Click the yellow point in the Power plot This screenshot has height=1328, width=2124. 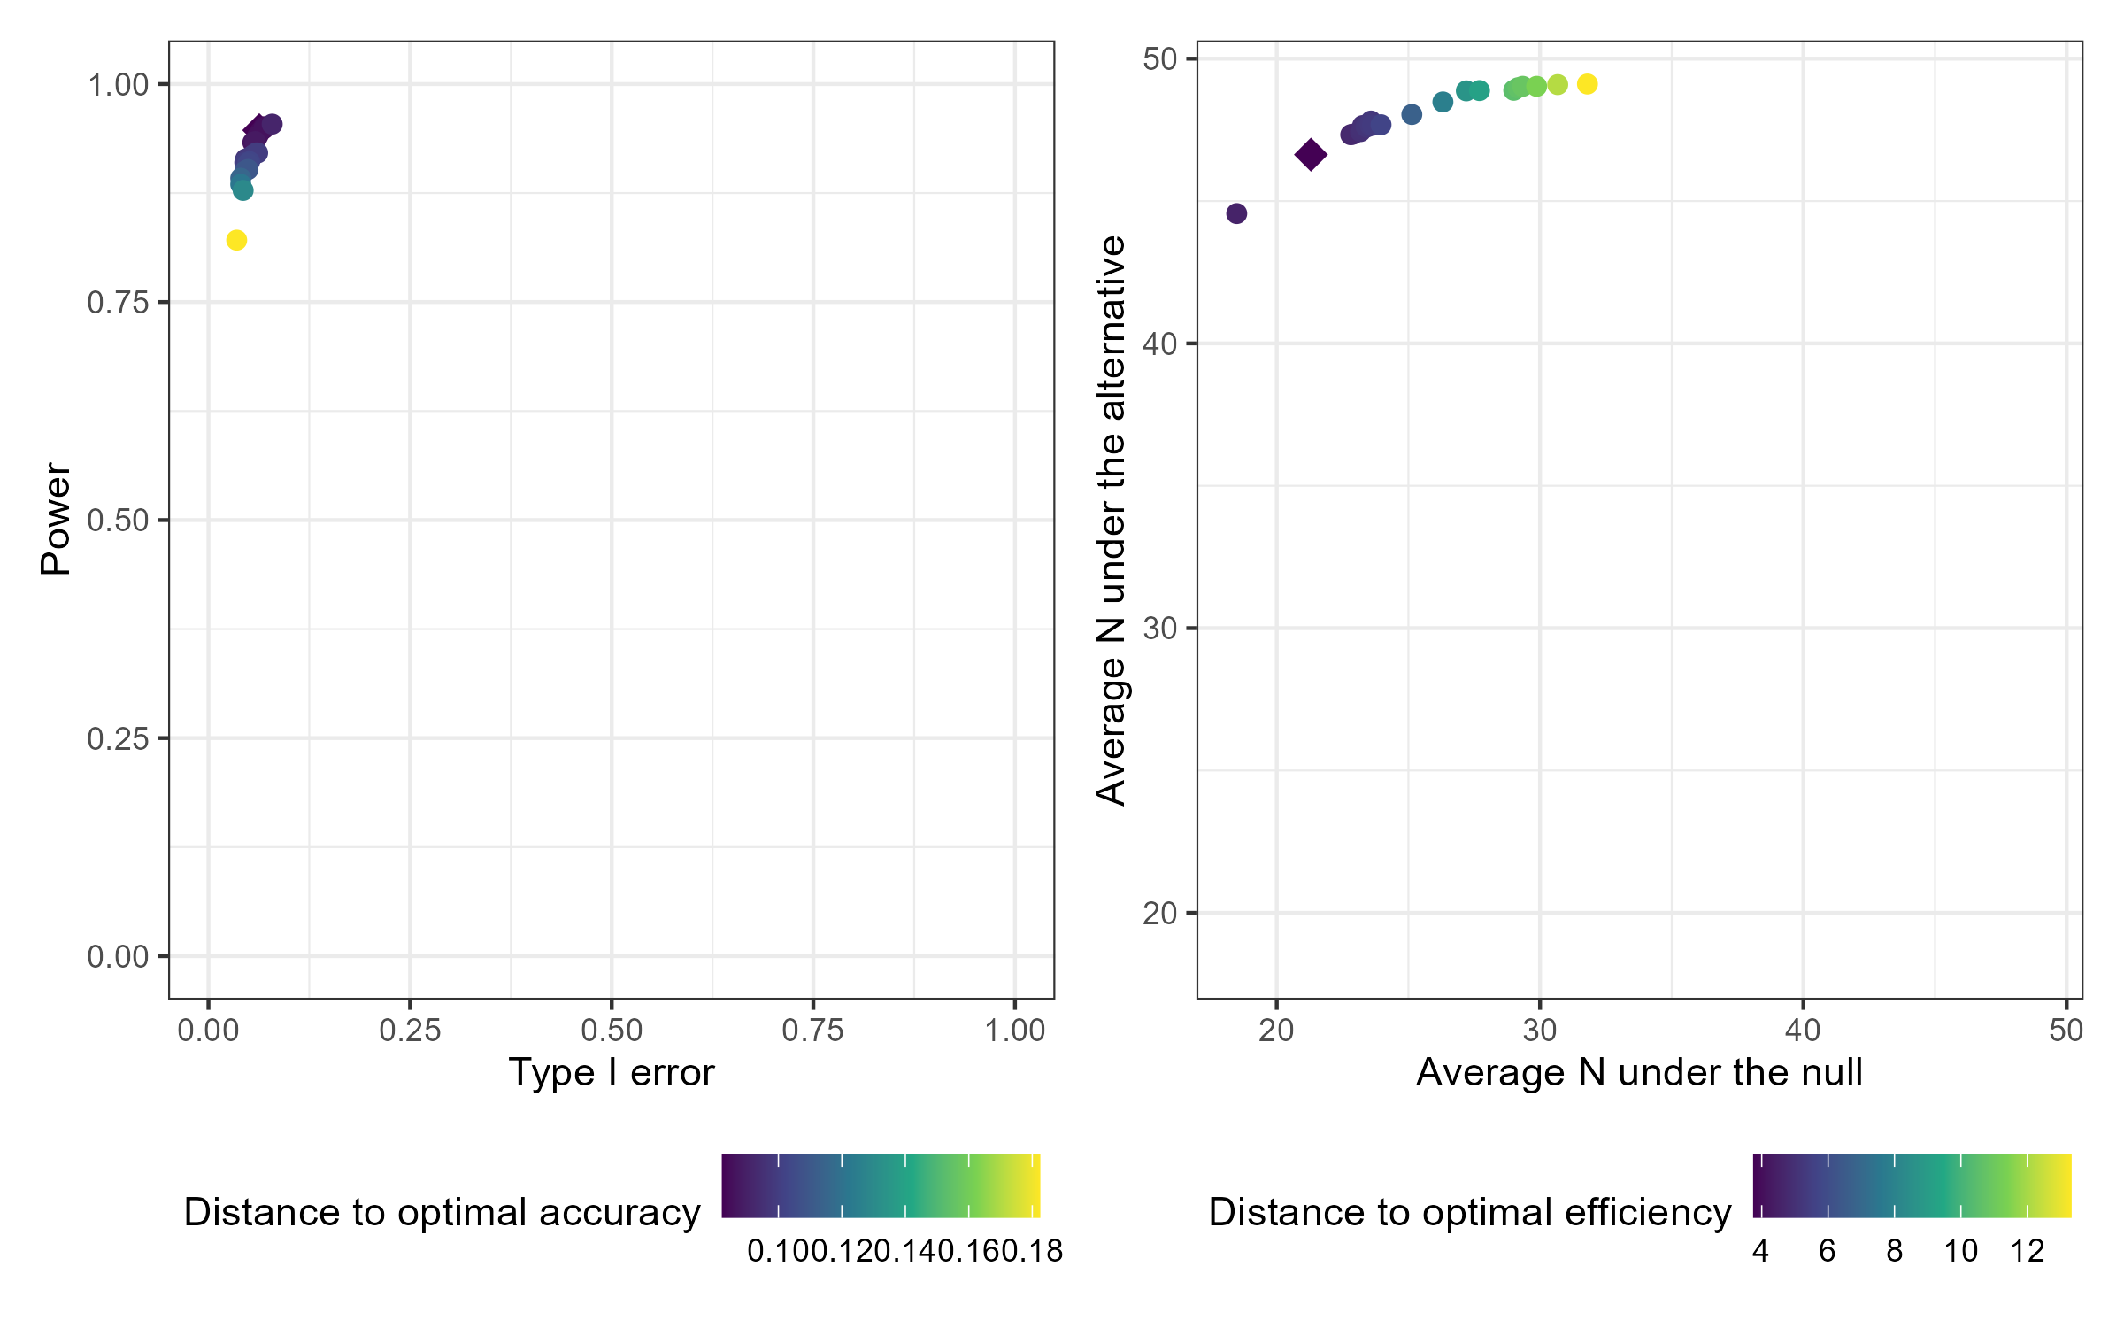236,240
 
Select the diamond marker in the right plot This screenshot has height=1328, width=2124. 1311,155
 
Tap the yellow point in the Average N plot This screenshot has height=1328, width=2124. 1588,84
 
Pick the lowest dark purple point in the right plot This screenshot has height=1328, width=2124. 1236,213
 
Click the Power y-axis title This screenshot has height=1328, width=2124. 56,519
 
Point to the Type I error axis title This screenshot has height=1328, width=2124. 611,1072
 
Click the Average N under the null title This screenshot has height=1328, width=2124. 1639,1072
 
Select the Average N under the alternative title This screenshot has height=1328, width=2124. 1111,520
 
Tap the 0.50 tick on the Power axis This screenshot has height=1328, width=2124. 118,521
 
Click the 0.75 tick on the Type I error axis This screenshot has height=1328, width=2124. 812,1031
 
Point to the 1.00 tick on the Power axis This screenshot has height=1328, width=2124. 118,85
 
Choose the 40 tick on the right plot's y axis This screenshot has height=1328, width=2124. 1159,344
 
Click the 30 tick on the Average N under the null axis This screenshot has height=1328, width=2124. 1540,1031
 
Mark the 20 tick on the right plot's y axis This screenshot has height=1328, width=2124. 1159,913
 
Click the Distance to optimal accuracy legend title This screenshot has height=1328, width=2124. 442,1212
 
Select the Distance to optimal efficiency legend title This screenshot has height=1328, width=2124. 1470,1212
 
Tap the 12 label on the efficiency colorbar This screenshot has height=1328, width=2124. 2028,1251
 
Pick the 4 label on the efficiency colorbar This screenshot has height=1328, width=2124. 1760,1251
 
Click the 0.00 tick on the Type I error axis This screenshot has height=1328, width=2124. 208,1031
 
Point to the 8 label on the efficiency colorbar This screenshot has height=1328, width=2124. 1894,1251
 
